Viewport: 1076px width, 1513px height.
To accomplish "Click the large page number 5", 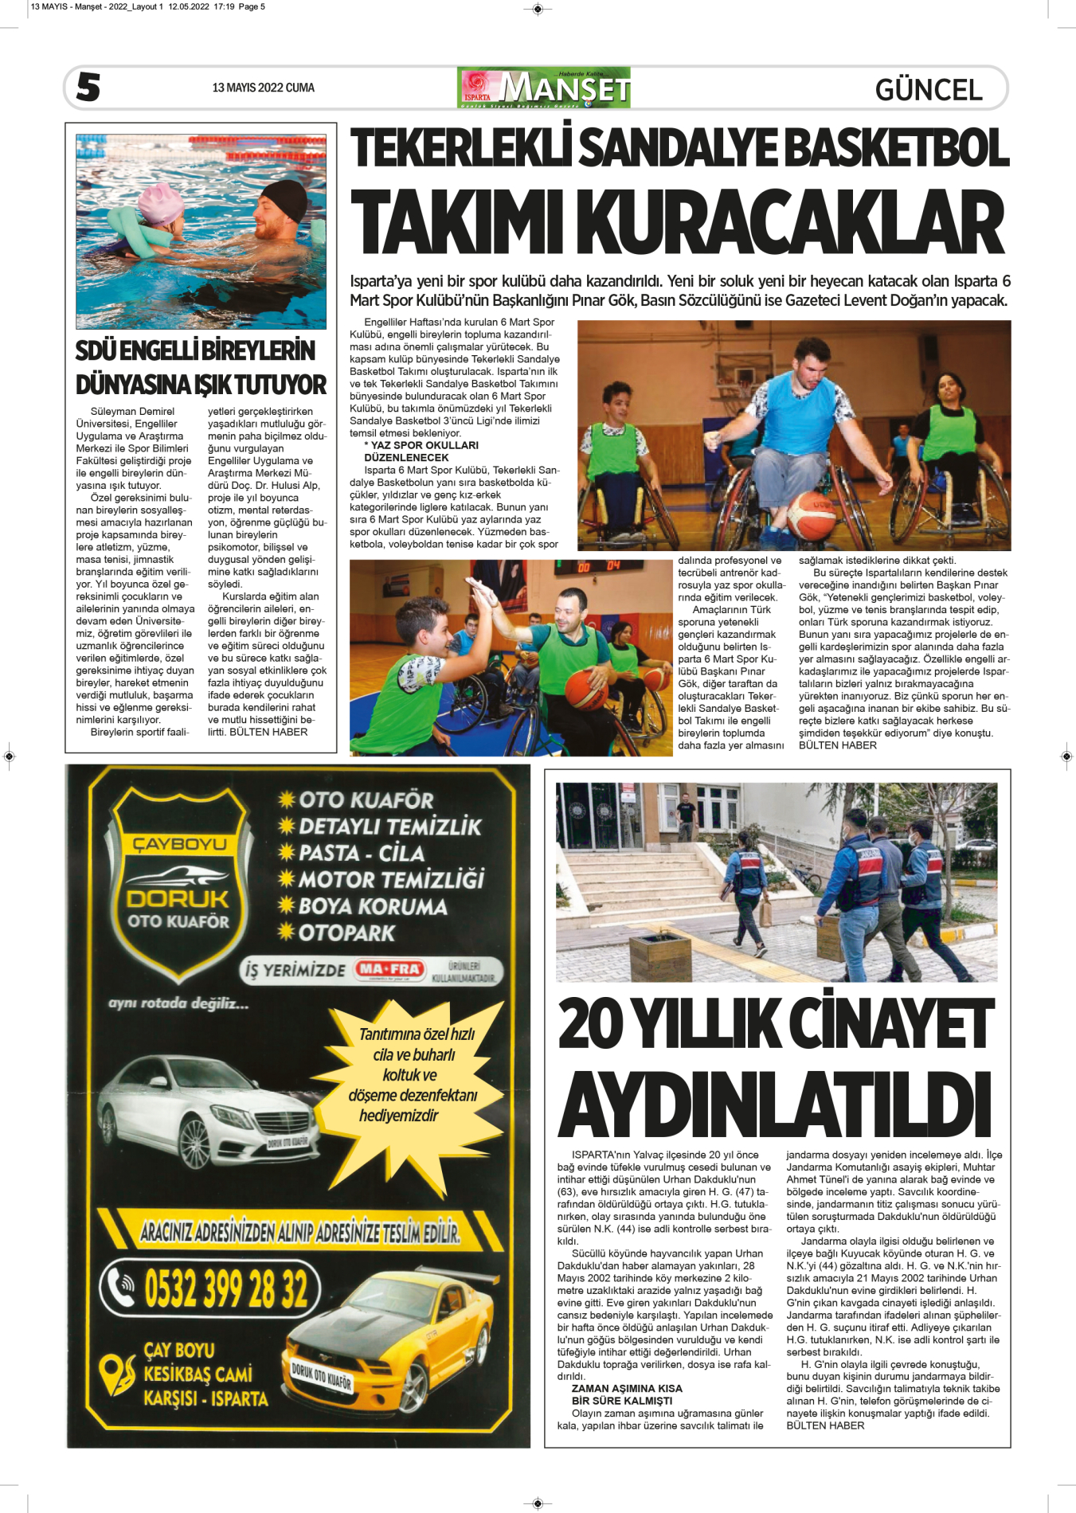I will click(88, 87).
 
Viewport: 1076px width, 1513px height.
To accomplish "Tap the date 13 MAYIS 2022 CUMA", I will click(263, 88).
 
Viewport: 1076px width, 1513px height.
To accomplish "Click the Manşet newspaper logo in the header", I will click(544, 88).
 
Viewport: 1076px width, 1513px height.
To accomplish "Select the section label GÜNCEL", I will click(928, 89).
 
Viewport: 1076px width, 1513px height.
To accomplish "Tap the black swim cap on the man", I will click(284, 200).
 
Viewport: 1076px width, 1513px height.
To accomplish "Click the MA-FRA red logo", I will click(389, 969).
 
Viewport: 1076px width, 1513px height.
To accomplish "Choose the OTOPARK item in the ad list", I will click(346, 932).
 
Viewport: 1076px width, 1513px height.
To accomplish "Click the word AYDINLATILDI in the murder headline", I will click(775, 1105).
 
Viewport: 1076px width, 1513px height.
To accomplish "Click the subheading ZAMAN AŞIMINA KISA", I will click(627, 1388).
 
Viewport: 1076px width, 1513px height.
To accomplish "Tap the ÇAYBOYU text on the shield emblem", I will click(179, 844).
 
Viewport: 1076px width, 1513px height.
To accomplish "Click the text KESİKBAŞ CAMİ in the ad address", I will click(198, 1374).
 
